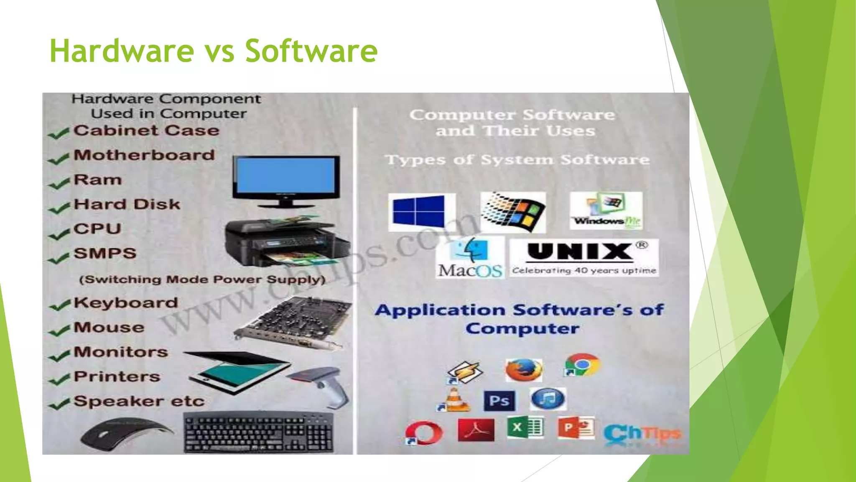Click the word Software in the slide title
(311, 51)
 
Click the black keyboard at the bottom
(259, 433)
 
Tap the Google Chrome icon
(582, 365)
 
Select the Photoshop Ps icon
(499, 401)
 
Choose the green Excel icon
(525, 428)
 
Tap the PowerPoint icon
(576, 428)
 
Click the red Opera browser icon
(423, 433)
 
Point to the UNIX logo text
(580, 252)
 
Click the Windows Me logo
(606, 210)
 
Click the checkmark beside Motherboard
(59, 159)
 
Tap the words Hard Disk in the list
(127, 204)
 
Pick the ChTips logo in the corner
(642, 434)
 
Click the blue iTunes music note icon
(548, 398)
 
